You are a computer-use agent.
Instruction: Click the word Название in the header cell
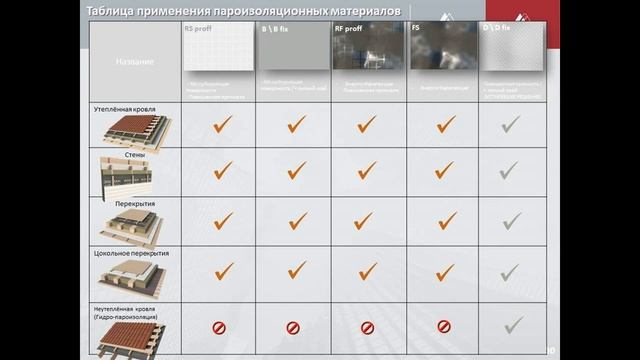coord(134,62)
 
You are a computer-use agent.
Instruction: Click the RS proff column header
coord(198,29)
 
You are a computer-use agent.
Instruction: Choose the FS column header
coord(416,29)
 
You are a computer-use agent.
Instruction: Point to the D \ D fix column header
coord(497,29)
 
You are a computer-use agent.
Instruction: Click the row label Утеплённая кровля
coord(124,106)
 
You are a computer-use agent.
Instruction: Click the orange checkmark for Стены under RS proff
coord(223,171)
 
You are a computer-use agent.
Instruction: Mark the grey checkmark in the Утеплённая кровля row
coord(511,124)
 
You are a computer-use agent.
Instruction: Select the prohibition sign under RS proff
coord(218,326)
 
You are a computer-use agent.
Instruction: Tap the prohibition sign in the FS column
coord(444,326)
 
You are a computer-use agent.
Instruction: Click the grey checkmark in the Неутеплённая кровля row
coord(512,324)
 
